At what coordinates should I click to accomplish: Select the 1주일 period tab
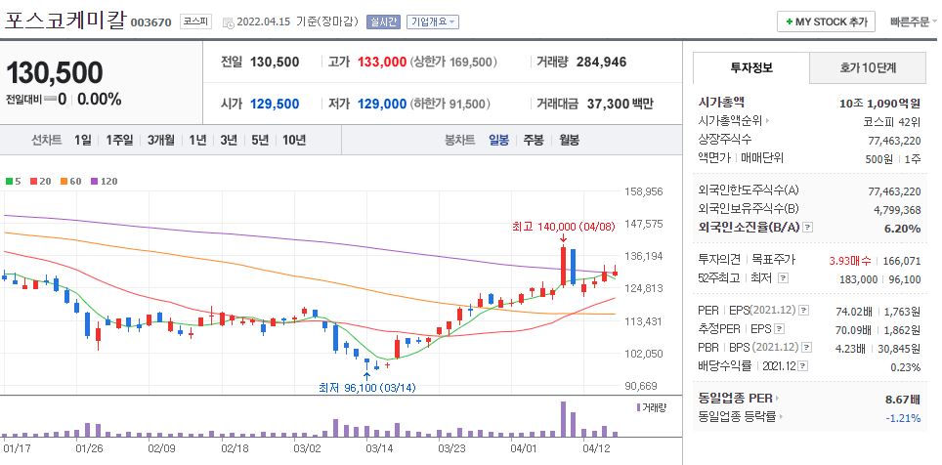[x=119, y=140]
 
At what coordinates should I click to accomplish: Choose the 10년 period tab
[x=293, y=140]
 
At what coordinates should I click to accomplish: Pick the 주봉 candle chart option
[x=533, y=140]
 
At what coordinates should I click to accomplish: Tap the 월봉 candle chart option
[x=569, y=140]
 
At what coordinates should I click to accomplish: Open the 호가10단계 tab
[x=867, y=67]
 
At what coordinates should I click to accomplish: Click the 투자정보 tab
[x=750, y=67]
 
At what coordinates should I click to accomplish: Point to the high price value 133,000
[x=381, y=62]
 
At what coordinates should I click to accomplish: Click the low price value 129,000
[x=382, y=104]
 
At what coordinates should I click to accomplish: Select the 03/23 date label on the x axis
[x=451, y=449]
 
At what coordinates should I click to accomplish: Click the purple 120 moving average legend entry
[x=103, y=182]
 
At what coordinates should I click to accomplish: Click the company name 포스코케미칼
[x=64, y=21]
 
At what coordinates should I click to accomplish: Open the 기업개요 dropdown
[x=433, y=21]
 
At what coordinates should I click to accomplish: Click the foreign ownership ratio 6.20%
[x=902, y=229]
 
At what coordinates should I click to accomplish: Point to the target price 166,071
[x=901, y=261]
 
